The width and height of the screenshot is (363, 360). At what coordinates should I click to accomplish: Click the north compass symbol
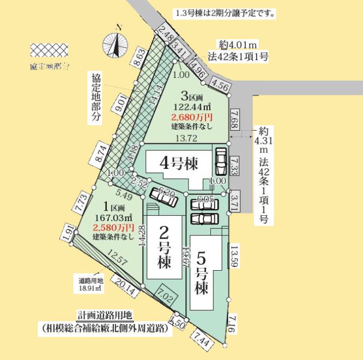(115, 44)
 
